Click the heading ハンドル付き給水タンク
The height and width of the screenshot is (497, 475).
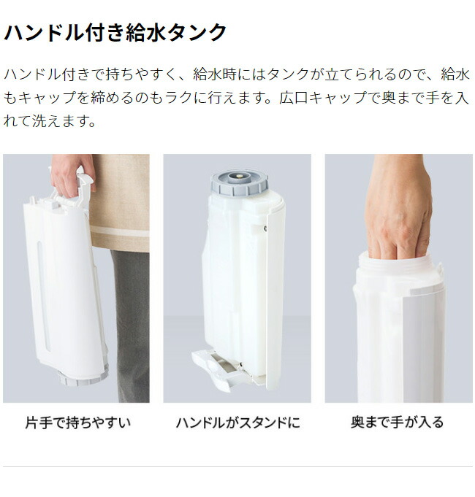[115, 33]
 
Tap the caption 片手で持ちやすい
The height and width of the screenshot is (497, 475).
[77, 422]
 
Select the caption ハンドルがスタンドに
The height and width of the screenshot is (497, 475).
[237, 422]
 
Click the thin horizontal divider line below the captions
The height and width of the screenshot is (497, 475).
[237, 466]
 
